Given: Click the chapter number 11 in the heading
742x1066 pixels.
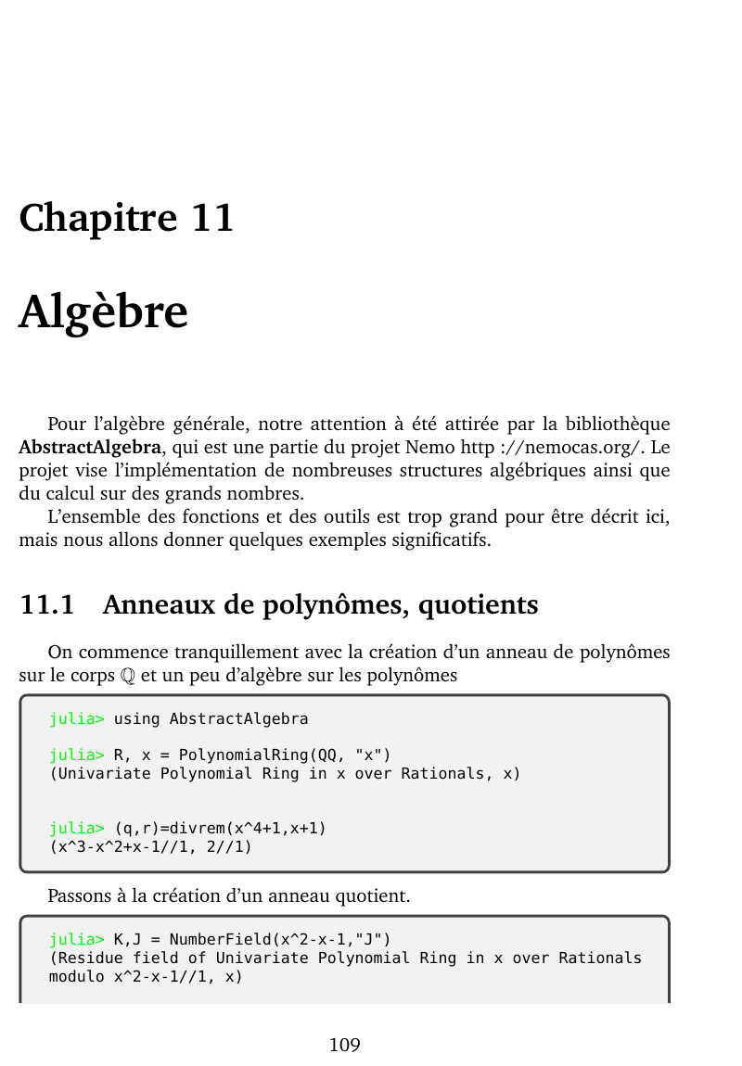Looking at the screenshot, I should (212, 219).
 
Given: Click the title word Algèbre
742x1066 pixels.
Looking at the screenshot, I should (103, 311).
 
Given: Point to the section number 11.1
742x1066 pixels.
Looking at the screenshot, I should (46, 605).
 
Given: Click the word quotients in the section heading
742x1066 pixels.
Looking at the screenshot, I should (478, 605).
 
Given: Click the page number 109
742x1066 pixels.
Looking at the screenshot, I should (344, 1046).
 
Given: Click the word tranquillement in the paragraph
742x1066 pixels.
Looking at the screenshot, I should (219, 652).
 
